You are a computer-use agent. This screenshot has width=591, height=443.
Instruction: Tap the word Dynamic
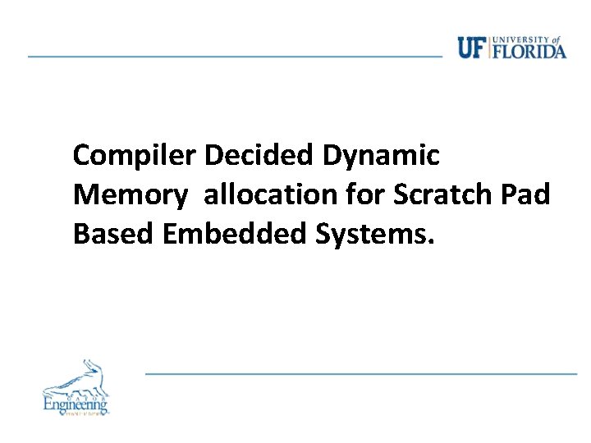[382, 155]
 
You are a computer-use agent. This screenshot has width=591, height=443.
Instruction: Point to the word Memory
[131, 195]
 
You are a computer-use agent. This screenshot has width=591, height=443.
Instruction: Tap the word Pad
[526, 195]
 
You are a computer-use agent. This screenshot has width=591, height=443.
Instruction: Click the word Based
[114, 235]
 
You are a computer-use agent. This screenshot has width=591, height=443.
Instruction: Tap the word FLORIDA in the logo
[529, 51]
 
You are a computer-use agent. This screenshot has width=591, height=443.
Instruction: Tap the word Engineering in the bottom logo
[76, 404]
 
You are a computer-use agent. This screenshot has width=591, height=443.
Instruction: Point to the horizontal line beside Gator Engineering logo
[361, 373]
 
